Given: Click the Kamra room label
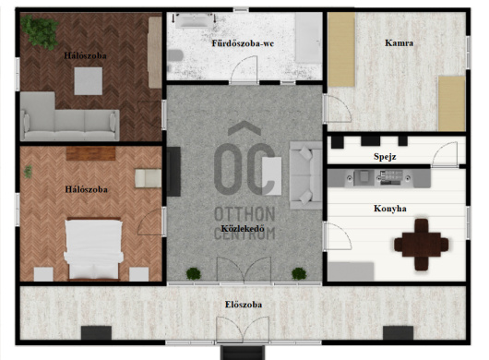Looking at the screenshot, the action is pyautogui.click(x=399, y=42).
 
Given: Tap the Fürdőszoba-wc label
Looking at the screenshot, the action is pyautogui.click(x=243, y=43).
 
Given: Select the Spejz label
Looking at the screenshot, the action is pyautogui.click(x=385, y=157).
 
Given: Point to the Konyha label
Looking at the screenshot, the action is pyautogui.click(x=390, y=209).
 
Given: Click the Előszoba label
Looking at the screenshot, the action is pyautogui.click(x=244, y=305).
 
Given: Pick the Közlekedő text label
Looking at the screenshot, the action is pyautogui.click(x=243, y=228).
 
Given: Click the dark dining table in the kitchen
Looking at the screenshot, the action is pyautogui.click(x=421, y=245).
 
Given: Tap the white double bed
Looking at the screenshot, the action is pyautogui.click(x=93, y=249).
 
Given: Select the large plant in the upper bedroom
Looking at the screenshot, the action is pyautogui.click(x=40, y=31).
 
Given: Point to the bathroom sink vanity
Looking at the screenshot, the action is pyautogui.click(x=194, y=20).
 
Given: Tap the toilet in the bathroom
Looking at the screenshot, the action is pyautogui.click(x=175, y=55).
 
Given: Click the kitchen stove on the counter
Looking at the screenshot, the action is pyautogui.click(x=390, y=177).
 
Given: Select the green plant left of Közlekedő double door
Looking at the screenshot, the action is pyautogui.click(x=194, y=273).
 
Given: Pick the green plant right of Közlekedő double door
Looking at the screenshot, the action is pyautogui.click(x=299, y=273).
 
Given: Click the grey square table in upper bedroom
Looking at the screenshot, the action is pyautogui.click(x=89, y=81).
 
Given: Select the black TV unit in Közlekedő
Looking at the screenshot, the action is pyautogui.click(x=173, y=172).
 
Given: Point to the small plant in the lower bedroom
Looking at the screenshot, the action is pyautogui.click(x=28, y=172).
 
